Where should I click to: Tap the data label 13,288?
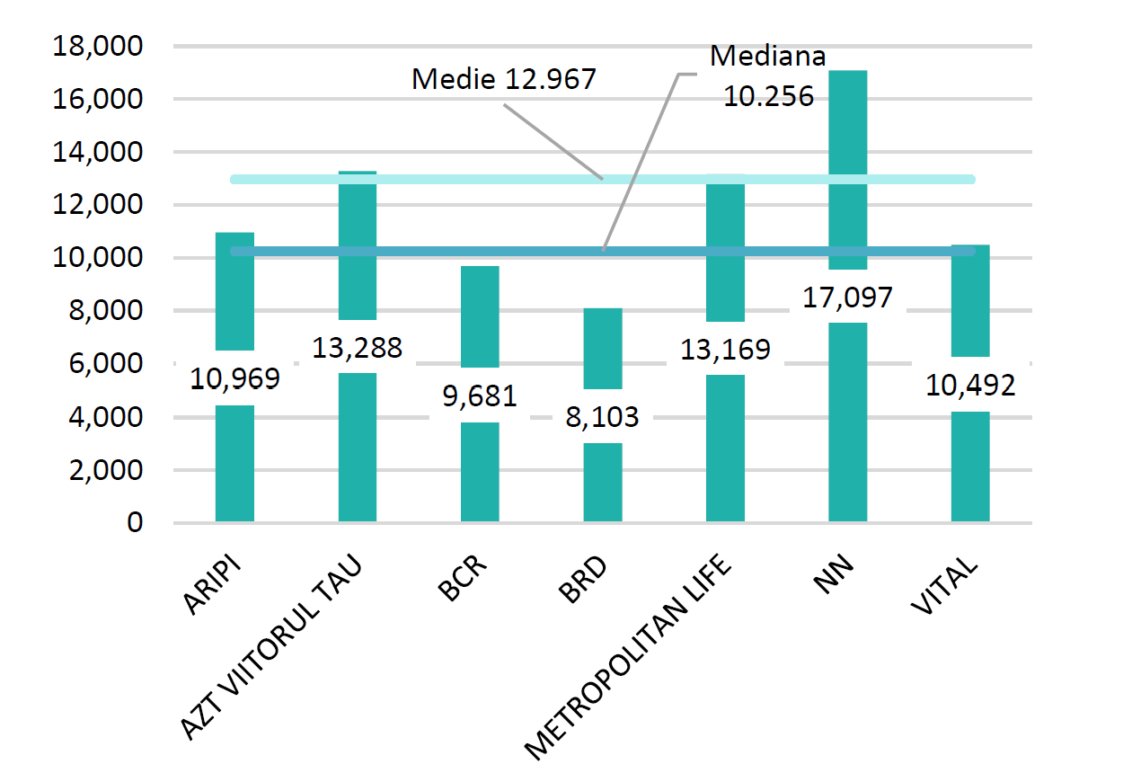[x=357, y=347]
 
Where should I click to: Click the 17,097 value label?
[x=847, y=296]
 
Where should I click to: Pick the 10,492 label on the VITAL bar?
[x=970, y=385]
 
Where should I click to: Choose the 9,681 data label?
[x=480, y=395]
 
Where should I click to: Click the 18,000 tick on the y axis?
[x=99, y=47]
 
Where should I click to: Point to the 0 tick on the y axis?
[x=135, y=522]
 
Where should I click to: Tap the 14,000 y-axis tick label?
[x=99, y=153]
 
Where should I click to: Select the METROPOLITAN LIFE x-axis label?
[x=629, y=656]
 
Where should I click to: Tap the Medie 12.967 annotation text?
[x=503, y=79]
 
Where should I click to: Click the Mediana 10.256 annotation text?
[x=768, y=76]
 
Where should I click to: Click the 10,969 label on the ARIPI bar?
[x=234, y=378]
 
